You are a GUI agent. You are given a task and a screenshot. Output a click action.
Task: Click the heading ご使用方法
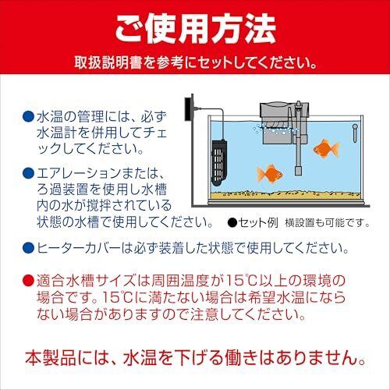[195, 29]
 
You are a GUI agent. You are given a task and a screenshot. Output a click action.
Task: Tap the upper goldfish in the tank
[326, 148]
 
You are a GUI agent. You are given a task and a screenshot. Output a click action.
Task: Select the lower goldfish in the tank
[270, 173]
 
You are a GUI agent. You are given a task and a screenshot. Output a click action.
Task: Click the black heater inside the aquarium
[219, 163]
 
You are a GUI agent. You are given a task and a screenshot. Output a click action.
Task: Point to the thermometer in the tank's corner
[355, 133]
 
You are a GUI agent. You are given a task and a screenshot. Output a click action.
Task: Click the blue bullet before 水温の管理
[28, 117]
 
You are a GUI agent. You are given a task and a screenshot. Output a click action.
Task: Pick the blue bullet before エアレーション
[28, 173]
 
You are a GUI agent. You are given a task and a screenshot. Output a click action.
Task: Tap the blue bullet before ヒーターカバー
[28, 248]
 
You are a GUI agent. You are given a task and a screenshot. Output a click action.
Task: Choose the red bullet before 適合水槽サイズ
[28, 281]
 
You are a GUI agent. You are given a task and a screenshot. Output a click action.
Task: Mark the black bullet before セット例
[232, 223]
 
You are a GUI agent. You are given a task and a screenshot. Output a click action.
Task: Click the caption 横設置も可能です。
[328, 223]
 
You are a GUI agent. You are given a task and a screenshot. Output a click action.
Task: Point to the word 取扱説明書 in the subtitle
[108, 62]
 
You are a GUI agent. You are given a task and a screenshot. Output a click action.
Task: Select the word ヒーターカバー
[79, 248]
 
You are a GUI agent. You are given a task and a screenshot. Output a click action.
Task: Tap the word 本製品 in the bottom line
[51, 357]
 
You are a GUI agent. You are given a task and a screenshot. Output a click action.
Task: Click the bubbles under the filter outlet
[273, 129]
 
